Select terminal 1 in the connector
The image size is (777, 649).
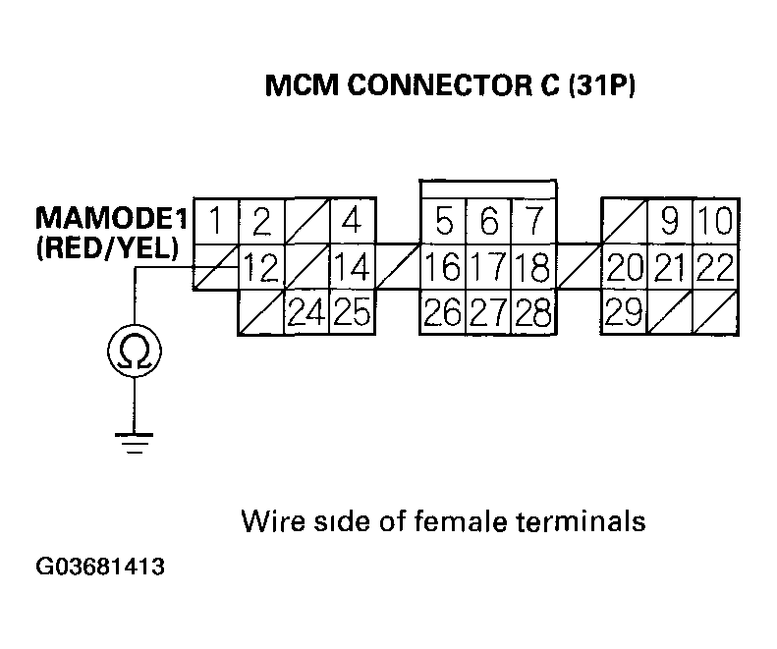click(x=215, y=221)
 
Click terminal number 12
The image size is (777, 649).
click(x=260, y=266)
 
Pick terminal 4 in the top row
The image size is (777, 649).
click(x=351, y=221)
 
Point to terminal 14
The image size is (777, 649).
click(x=351, y=266)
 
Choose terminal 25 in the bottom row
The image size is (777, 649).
click(x=351, y=312)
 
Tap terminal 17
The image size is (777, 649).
click(x=488, y=266)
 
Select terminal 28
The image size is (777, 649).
click(x=533, y=312)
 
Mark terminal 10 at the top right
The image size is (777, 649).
click(x=716, y=221)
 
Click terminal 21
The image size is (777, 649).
click(x=670, y=266)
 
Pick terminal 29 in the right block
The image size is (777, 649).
click(x=624, y=312)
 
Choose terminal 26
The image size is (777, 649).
click(x=443, y=312)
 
